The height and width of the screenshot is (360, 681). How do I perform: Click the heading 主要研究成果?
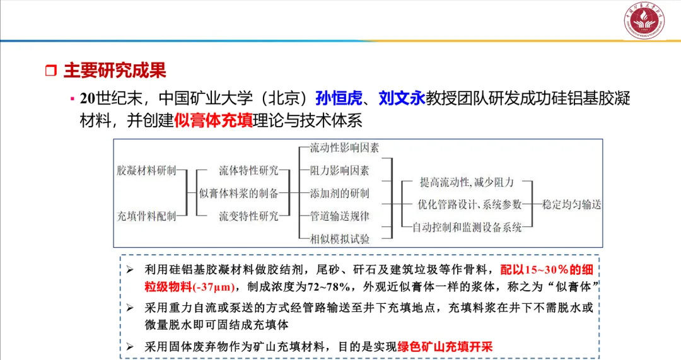[115, 71]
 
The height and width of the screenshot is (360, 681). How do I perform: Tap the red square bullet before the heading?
[51, 71]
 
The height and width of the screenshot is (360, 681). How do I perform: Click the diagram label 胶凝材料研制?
[147, 171]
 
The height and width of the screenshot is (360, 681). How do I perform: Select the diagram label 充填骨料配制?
[147, 216]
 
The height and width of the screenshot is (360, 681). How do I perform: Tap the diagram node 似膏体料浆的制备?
[239, 193]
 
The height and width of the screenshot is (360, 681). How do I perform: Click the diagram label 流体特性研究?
[248, 171]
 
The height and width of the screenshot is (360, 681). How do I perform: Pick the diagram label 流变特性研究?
[248, 216]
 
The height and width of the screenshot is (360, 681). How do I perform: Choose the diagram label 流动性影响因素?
[344, 148]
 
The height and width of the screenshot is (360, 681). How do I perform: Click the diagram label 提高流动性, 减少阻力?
[467, 182]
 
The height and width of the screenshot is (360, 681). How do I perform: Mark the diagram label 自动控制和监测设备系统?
[467, 227]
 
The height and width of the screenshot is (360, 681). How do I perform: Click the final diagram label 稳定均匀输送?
[572, 204]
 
